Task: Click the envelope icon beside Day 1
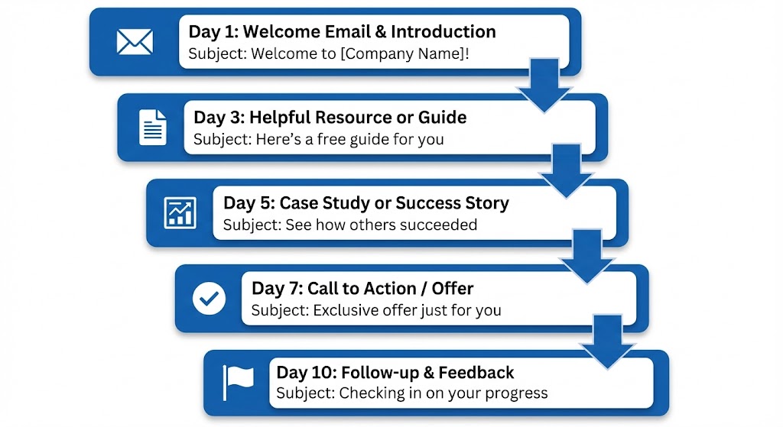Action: click(x=135, y=41)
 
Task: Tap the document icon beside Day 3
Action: click(x=153, y=127)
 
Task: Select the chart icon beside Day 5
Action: click(x=180, y=212)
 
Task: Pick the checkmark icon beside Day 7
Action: click(x=209, y=298)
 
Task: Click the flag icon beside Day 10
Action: click(x=238, y=382)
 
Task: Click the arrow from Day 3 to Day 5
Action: click(x=566, y=171)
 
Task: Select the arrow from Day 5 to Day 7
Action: click(x=586, y=257)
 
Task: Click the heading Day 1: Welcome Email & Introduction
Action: click(x=342, y=32)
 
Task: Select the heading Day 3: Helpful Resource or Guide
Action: click(x=330, y=118)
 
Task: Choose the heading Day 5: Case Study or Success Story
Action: click(x=366, y=203)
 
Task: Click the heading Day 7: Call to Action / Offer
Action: click(x=362, y=289)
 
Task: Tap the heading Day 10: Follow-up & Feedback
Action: click(x=395, y=373)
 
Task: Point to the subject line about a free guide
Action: click(x=318, y=140)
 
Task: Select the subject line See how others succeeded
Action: click(x=349, y=225)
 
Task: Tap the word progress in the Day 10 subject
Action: click(x=518, y=394)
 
